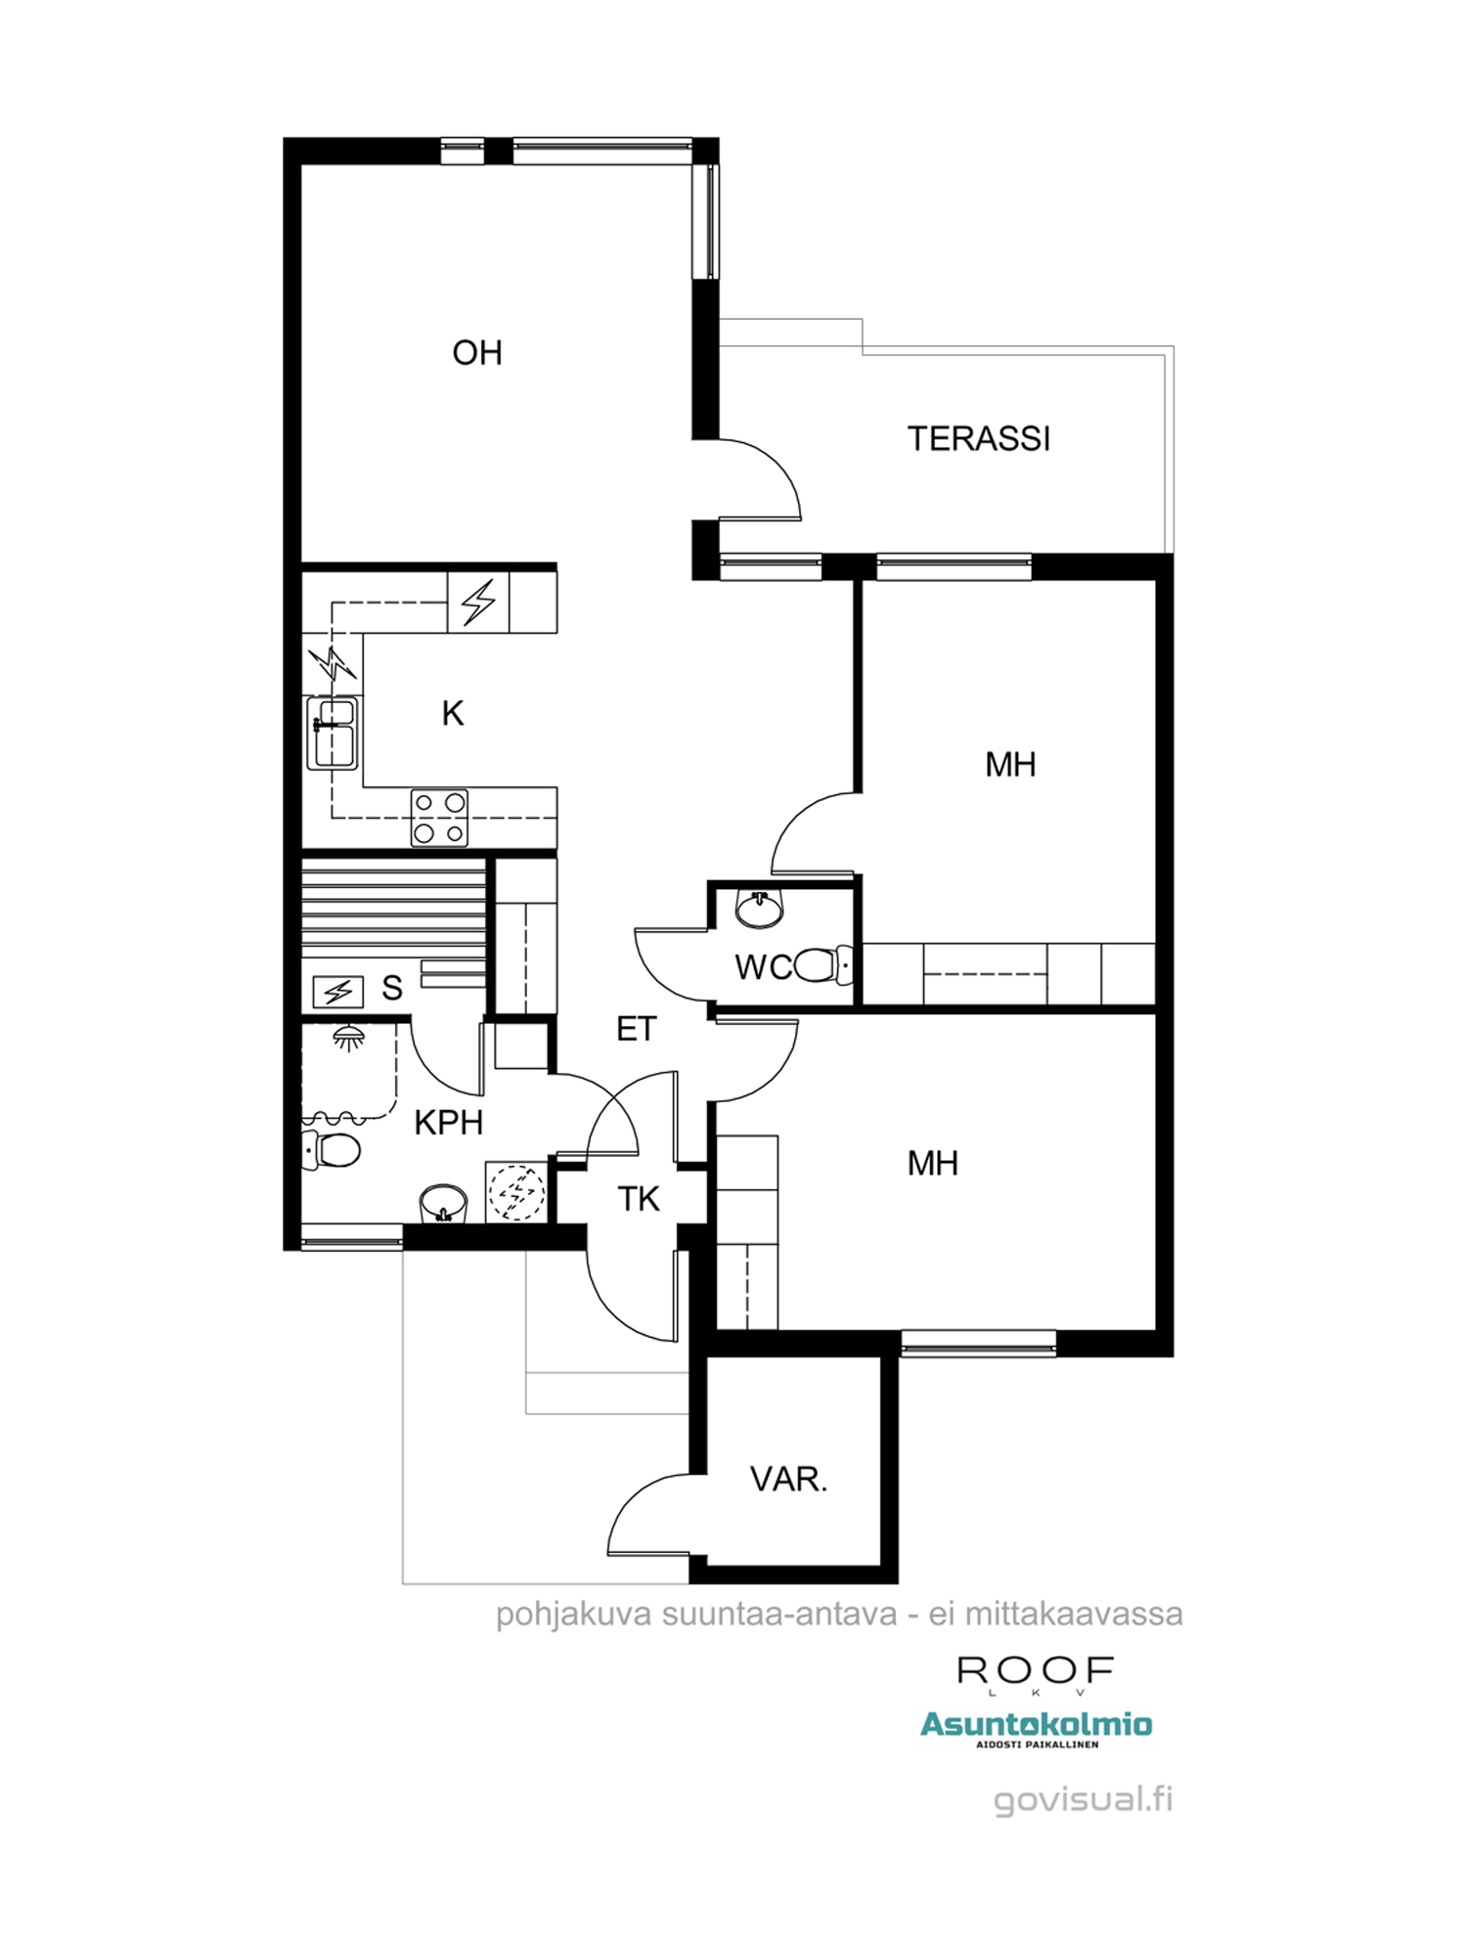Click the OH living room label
coord(477,352)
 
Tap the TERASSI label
coord(979,438)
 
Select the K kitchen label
coord(452,714)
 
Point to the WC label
coord(763,967)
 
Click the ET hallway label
coord(636,1029)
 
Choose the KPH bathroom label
coord(449,1123)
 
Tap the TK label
coord(639,1199)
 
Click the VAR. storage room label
coord(788,1479)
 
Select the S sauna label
coord(392,988)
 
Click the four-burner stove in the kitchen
coord(439,818)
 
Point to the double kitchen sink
coord(333,733)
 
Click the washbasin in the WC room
coord(759,910)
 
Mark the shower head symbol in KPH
coord(347,1037)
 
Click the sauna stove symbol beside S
coord(338,992)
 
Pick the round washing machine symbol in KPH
coord(516,1192)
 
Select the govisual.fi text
coord(1083,1799)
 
